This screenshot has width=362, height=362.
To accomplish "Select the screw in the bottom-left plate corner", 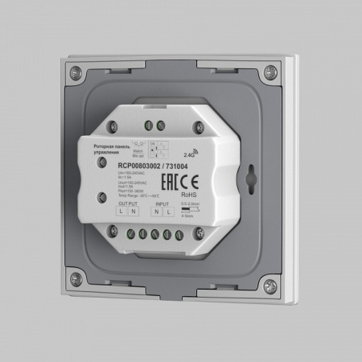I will [76, 279].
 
